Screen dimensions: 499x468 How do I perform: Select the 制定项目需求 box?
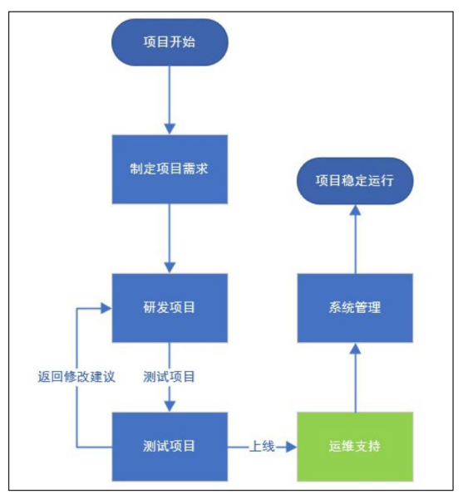click(170, 169)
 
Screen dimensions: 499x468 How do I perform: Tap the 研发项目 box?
click(170, 307)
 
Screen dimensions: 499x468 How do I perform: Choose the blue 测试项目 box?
click(170, 446)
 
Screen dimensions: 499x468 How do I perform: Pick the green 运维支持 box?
click(355, 446)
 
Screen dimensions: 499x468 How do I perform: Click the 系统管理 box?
click(355, 307)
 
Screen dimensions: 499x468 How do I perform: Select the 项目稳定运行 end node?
click(355, 179)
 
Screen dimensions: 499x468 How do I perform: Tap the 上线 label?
click(263, 446)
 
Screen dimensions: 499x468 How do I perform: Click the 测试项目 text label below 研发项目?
click(170, 376)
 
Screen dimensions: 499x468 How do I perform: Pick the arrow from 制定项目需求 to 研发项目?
click(170, 237)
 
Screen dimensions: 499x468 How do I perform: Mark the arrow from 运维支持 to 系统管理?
click(355, 378)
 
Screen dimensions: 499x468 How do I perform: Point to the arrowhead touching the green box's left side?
click(292, 447)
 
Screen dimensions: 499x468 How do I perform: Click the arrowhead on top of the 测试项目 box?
click(170, 406)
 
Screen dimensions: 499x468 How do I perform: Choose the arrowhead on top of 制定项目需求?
click(170, 129)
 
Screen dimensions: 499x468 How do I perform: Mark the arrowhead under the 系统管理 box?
click(355, 348)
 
